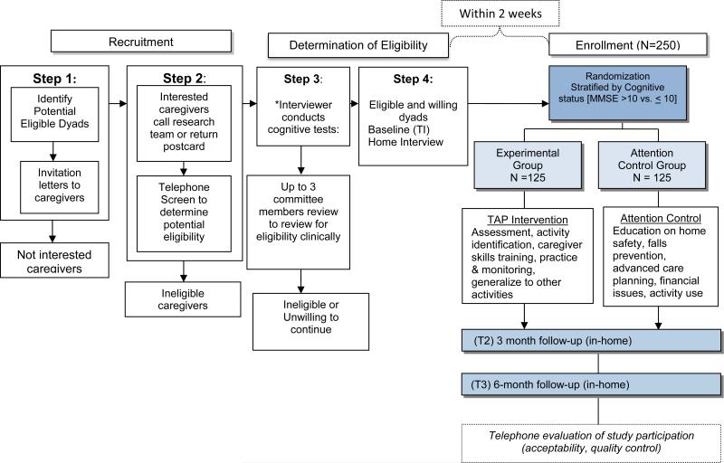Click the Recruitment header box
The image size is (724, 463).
[144, 42]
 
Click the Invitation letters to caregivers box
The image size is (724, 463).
[62, 185]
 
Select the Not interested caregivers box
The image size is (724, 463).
[62, 262]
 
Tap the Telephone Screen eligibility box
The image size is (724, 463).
[185, 213]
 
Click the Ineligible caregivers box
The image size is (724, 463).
[185, 299]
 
